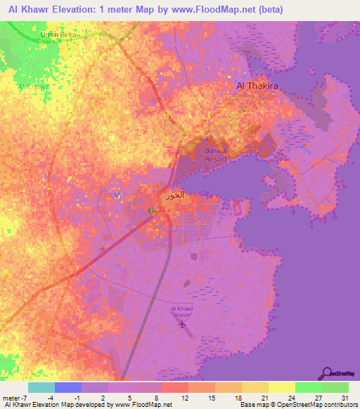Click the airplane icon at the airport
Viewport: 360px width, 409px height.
[x=184, y=325]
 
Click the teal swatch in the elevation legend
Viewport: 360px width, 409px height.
[x=41, y=387]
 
